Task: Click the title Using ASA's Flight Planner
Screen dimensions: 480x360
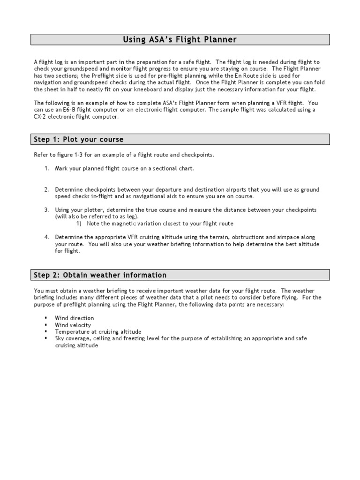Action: pos(180,40)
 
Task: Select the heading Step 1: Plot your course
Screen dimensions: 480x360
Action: pos(79,139)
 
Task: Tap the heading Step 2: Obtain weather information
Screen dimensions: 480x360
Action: pos(100,275)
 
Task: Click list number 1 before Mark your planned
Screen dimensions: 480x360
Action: pos(47,168)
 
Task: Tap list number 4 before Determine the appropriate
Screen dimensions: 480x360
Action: pos(47,237)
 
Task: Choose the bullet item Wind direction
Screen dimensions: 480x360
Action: pos(74,318)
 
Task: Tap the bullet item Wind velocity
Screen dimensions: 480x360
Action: pos(73,325)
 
